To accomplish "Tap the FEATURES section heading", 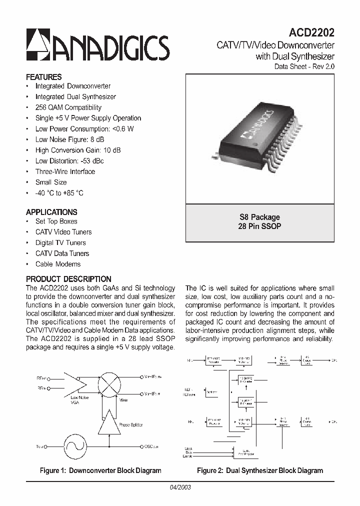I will tap(44, 77).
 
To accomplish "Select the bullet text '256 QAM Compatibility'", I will tap(68, 107).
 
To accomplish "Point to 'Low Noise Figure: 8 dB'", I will tap(70, 139).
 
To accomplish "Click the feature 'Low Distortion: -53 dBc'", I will tap(69, 161).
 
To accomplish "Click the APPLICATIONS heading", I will tap(51, 212).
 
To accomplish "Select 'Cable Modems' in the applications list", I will tap(58, 264).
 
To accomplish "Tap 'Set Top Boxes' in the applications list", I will tap(56, 221).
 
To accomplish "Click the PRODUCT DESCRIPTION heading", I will tap(68, 279).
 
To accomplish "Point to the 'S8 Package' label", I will tap(260, 217).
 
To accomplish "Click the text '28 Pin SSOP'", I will tap(260, 226).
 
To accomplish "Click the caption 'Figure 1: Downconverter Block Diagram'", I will tap(100, 470).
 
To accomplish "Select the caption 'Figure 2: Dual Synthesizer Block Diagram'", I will tap(260, 470).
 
